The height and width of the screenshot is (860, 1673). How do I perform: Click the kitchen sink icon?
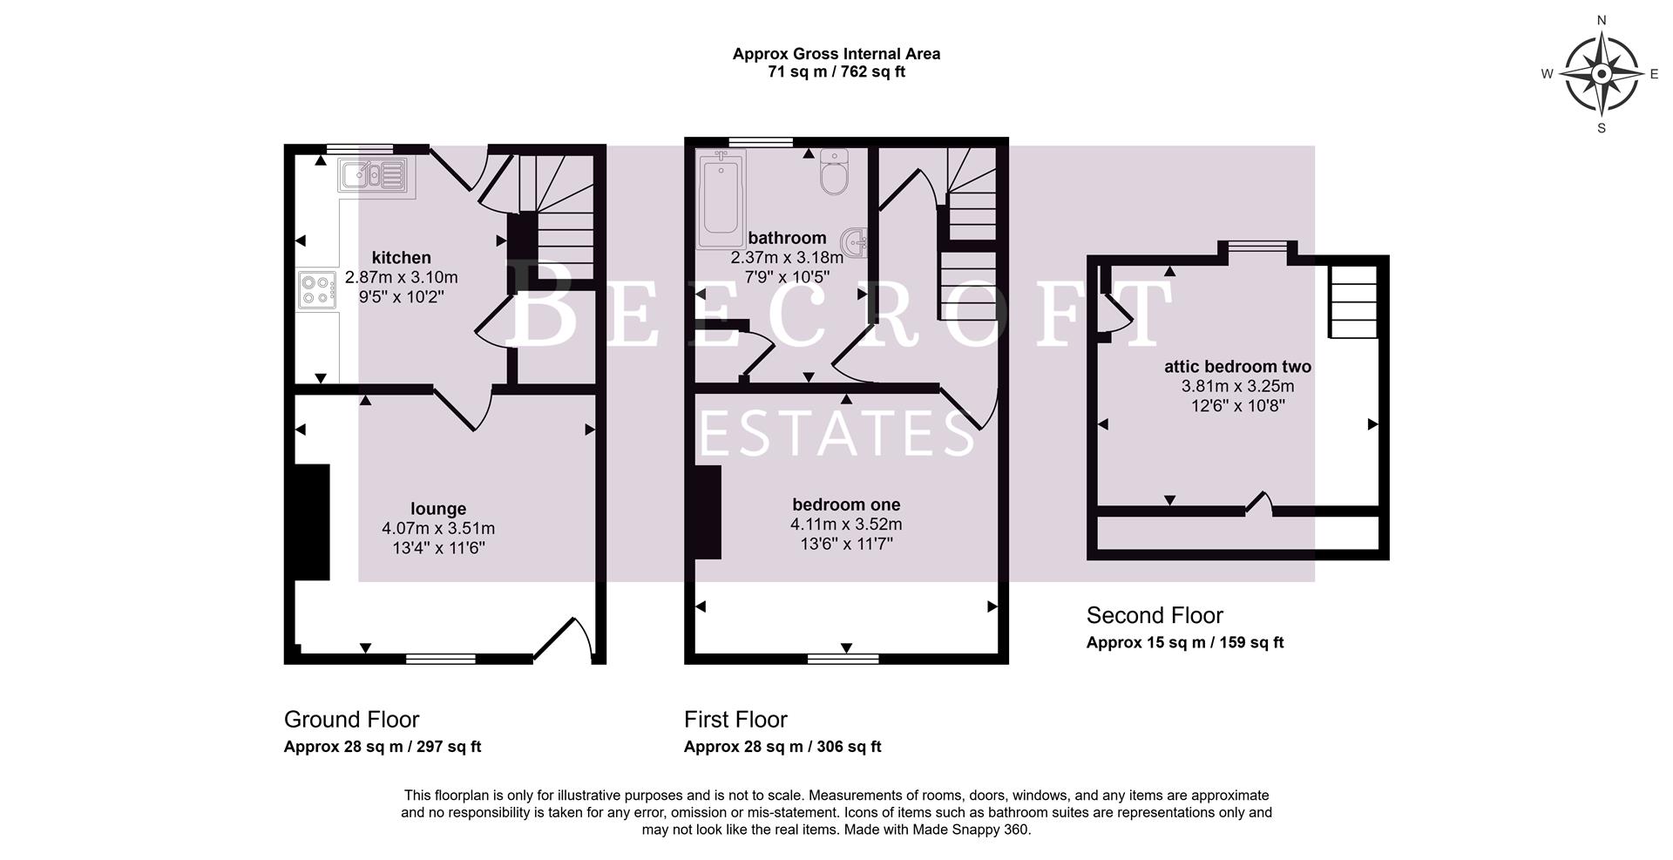pos(373,175)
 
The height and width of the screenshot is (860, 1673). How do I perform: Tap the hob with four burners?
pos(318,290)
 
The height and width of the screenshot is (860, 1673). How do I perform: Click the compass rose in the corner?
pos(1601,74)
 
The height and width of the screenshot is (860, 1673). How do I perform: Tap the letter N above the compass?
pos(1601,20)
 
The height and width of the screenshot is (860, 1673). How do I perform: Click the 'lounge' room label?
pos(438,509)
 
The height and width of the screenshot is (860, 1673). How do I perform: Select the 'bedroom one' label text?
pos(846,504)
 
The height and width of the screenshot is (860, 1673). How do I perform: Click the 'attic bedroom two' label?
pos(1237,367)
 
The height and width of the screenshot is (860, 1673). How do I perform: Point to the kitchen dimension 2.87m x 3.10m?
pos(401,277)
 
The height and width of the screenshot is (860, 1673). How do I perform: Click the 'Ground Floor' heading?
pos(351,720)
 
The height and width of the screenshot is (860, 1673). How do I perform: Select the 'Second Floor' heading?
pos(1155,616)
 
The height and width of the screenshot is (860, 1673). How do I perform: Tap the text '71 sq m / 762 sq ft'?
pos(836,72)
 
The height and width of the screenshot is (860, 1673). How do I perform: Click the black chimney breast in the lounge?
pos(312,522)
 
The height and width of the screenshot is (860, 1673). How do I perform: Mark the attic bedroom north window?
pos(1257,247)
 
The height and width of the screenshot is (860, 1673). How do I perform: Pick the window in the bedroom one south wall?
pos(843,659)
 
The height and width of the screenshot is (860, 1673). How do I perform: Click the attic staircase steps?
pos(1352,301)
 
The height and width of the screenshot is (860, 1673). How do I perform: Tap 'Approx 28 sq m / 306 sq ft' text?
pos(782,747)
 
